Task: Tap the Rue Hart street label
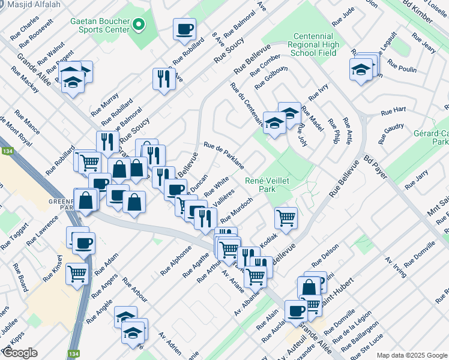393,111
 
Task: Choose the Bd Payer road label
376,168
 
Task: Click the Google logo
19,353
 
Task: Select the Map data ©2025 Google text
412,355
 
